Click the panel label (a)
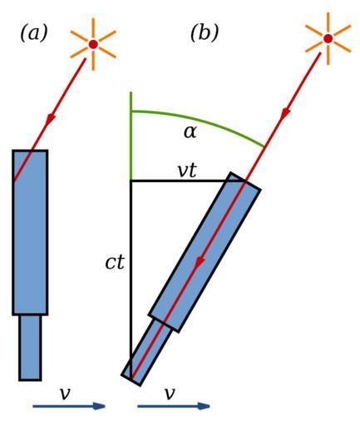coord(34,33)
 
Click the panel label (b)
coord(205,33)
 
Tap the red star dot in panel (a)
coord(93,44)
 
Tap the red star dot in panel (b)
coord(328,38)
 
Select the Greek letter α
coord(190,132)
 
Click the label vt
coord(187,171)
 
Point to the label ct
coord(115,262)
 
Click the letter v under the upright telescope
coord(65,394)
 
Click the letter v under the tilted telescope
coord(170,394)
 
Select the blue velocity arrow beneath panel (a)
coord(69,407)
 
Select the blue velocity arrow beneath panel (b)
coord(174,407)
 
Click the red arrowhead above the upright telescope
coord(51,120)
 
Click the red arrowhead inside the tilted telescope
coord(200,262)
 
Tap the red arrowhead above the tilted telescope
coord(286,114)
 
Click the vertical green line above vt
coord(131,136)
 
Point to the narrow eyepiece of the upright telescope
coord(30,348)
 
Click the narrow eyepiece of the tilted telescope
coord(147,353)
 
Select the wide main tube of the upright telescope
coord(30,233)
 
